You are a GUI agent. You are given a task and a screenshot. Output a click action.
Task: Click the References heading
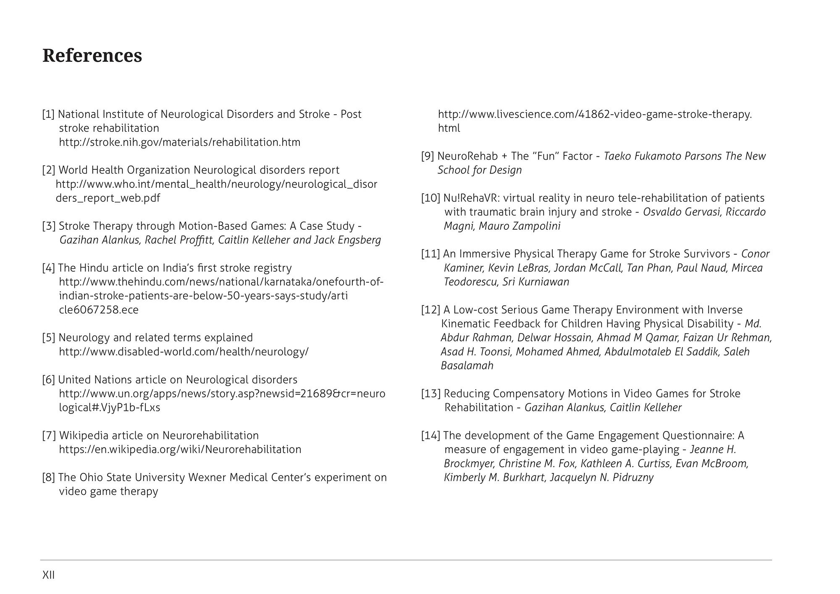[x=92, y=56]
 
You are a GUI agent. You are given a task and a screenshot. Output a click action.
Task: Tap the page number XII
[x=49, y=575]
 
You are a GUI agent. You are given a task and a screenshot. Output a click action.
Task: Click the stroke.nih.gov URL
[x=180, y=142]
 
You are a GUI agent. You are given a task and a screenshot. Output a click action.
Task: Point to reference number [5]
[x=49, y=338]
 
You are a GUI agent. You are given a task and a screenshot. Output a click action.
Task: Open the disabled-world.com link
[x=184, y=352]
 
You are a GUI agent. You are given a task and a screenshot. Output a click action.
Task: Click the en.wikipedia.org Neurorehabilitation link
[x=180, y=449]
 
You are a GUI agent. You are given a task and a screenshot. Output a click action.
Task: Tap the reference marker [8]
[x=49, y=478]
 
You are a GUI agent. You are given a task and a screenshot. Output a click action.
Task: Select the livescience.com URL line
[x=595, y=114]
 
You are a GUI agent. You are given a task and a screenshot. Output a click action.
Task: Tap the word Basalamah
[x=467, y=365]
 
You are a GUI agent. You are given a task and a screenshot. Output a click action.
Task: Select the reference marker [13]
[x=431, y=394]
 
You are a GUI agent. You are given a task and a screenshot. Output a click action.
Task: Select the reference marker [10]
[x=431, y=198]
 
